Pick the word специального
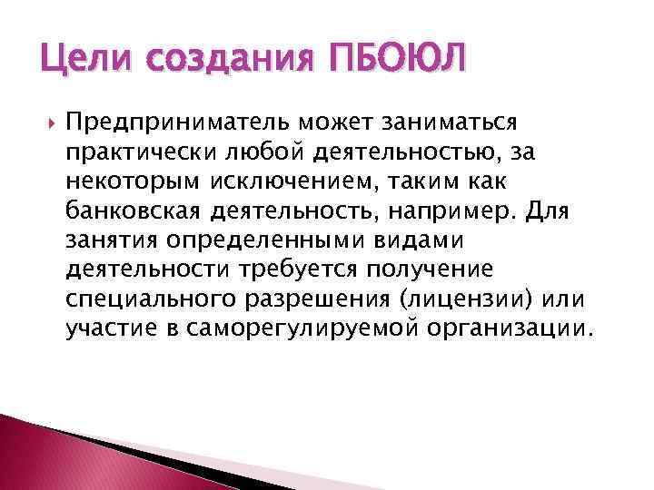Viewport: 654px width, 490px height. pyautogui.click(x=154, y=299)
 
